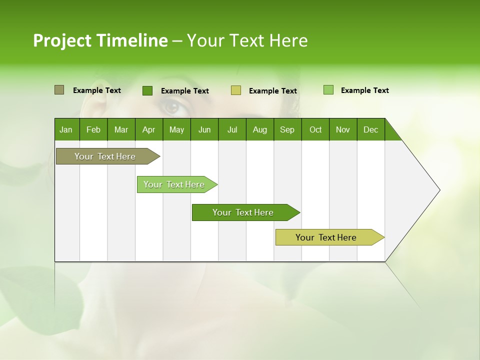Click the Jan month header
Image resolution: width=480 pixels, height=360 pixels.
pos(66,129)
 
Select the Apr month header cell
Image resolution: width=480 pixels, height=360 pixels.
pos(149,129)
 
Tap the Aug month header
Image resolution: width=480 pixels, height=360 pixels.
pos(260,129)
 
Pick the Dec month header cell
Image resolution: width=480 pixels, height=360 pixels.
pos(370,129)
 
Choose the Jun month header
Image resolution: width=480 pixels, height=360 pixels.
pos(204,129)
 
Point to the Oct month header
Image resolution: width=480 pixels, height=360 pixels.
pos(315,129)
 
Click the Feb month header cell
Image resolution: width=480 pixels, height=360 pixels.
pos(93,129)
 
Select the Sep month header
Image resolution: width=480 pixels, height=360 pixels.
pos(287,129)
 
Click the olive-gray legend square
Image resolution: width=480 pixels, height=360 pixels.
pos(59,90)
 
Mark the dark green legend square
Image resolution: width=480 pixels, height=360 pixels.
pos(147,90)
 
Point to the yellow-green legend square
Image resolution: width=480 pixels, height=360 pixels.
pos(236,90)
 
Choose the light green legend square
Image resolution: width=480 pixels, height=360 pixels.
pos(328,90)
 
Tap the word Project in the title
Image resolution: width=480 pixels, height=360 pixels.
pos(62,41)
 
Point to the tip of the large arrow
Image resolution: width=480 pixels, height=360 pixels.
pos(439,190)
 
